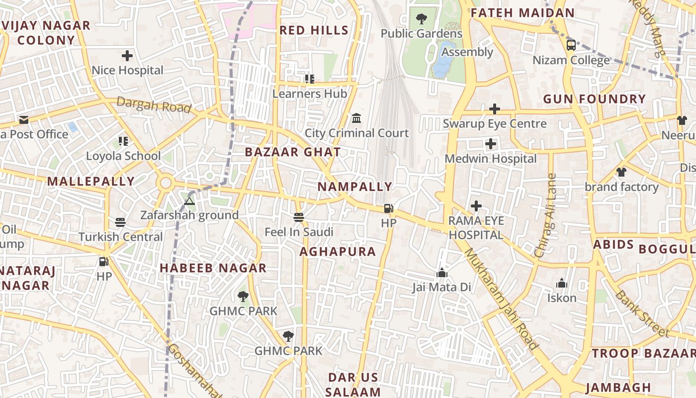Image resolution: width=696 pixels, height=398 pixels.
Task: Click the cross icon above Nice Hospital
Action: pos(127,56)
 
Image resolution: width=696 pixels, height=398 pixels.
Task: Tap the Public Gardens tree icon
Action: pos(421,19)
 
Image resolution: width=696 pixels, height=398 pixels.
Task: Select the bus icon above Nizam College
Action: pos(571,45)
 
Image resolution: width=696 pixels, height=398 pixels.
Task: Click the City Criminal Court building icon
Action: pos(356,118)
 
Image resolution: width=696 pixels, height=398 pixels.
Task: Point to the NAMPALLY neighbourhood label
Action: pos(355,187)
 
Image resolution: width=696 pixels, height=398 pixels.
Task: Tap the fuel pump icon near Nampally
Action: pos(388,208)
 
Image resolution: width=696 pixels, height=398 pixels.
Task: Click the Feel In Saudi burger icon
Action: pos(298,217)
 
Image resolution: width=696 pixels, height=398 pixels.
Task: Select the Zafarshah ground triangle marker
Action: pos(188,201)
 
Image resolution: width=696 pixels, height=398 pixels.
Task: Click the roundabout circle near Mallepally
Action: pos(166,184)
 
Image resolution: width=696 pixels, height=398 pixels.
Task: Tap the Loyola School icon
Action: pos(123,141)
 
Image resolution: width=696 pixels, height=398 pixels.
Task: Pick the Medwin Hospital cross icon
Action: pos(491,144)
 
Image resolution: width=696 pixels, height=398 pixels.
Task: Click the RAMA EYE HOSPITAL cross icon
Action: pos(476,205)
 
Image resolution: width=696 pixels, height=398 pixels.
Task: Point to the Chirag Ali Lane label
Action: pos(545,215)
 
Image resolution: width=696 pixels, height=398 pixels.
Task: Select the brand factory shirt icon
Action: pos(621,172)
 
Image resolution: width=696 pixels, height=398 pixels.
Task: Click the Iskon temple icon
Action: pos(562,284)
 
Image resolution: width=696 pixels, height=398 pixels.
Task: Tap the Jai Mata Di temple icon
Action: pos(441,273)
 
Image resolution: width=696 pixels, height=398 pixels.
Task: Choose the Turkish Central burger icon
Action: pos(120,222)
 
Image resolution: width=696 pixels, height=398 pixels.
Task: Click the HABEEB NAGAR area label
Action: pos(213,268)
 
